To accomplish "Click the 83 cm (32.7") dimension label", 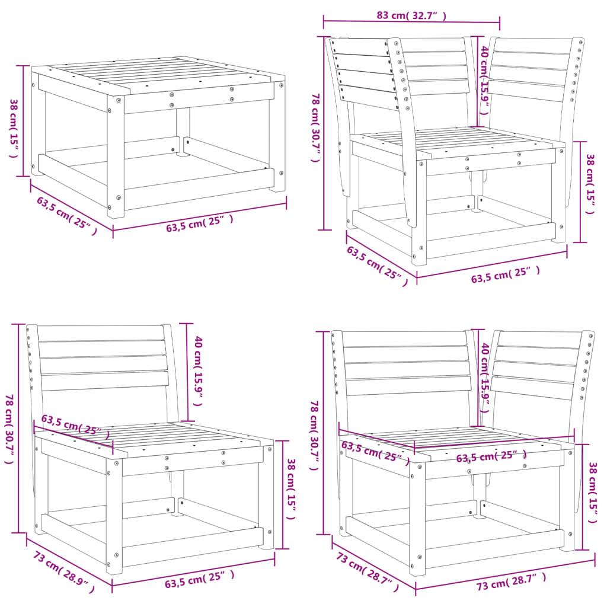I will [x=411, y=16].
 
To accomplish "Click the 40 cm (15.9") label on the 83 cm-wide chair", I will [x=484, y=76].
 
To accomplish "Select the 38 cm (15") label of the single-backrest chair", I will [x=291, y=488].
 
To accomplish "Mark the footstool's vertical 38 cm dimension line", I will [x=24, y=122].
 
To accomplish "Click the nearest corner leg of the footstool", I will [x=116, y=157].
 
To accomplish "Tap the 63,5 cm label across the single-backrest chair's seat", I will [x=71, y=425].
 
